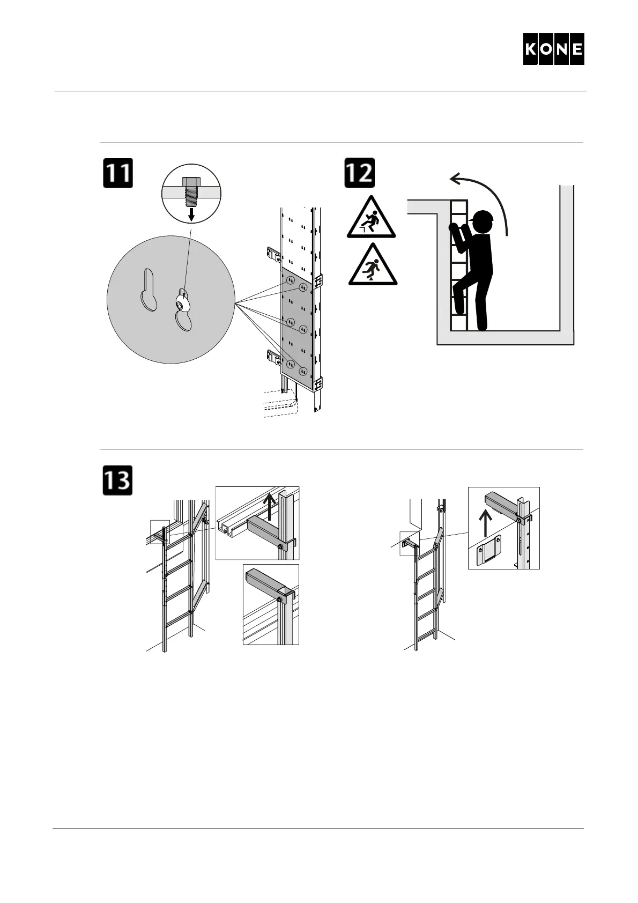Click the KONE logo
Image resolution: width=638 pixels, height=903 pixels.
click(553, 49)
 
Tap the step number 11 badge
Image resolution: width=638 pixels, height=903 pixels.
click(118, 173)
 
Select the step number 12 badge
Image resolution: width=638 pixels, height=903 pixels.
click(359, 173)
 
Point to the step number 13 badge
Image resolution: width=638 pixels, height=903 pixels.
click(118, 480)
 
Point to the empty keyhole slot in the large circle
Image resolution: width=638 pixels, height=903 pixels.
click(149, 290)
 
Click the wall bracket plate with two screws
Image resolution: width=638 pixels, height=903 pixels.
click(488, 550)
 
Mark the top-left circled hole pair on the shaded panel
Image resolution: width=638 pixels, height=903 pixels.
click(290, 280)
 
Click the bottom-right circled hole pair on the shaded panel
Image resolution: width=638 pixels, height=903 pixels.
click(303, 371)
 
